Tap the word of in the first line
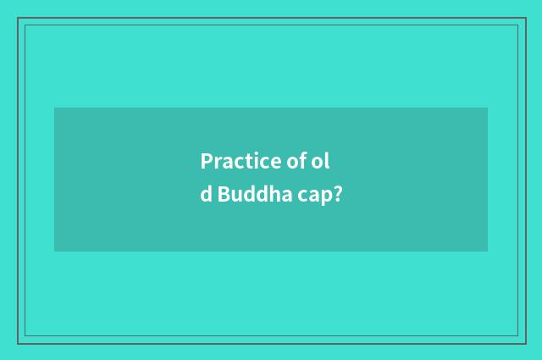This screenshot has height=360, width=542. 292,160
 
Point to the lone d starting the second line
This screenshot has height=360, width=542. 207,194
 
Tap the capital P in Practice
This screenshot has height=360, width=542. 206,160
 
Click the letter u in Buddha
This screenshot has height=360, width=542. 235,196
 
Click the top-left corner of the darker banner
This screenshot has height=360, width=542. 55,108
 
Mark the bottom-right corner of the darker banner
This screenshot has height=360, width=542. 487,251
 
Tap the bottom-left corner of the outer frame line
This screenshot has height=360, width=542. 18,342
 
